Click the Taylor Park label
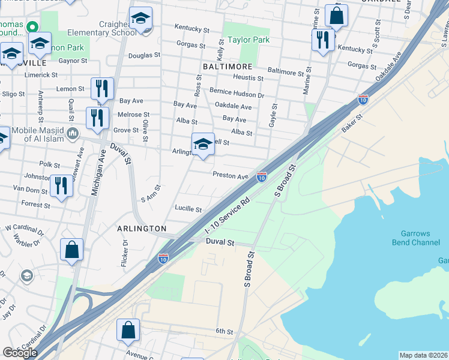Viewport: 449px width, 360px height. point(249,40)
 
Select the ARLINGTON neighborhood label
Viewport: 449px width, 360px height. point(142,229)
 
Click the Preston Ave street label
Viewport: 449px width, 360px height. point(230,176)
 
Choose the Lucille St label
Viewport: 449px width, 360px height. point(188,209)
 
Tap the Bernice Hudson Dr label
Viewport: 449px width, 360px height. point(237,94)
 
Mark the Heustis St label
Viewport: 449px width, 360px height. point(249,78)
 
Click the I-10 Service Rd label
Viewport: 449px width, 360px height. point(227,217)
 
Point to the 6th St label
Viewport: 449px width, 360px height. point(224,331)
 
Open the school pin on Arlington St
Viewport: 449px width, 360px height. point(203,145)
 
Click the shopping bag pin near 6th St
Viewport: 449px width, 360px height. point(128,331)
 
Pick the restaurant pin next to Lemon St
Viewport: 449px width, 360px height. point(102,89)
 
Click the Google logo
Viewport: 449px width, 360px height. point(20,352)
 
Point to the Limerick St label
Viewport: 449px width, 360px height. point(41,75)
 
